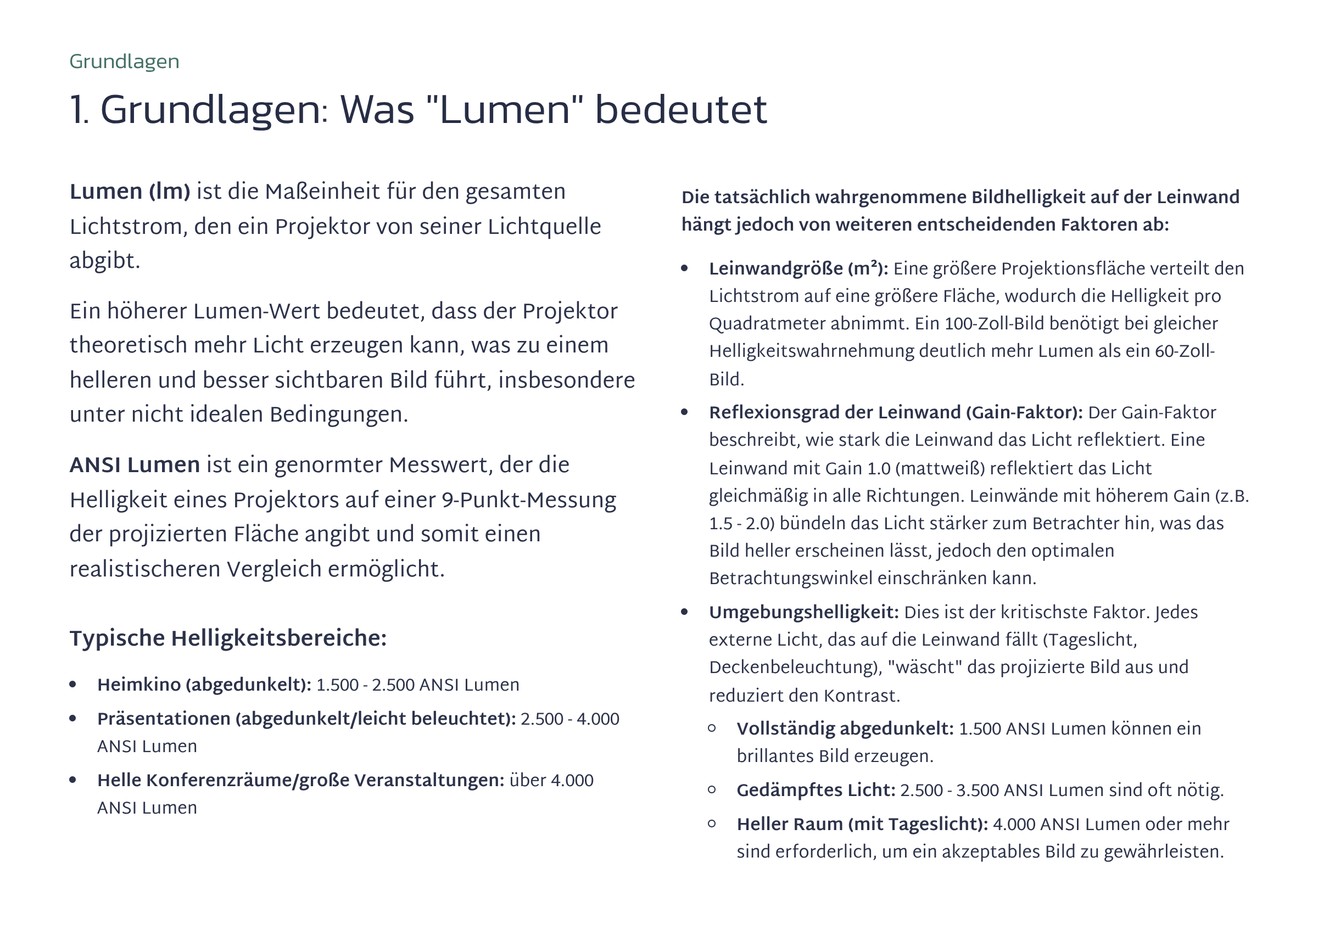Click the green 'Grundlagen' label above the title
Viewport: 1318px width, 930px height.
pyautogui.click(x=124, y=61)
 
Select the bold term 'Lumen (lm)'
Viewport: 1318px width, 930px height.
pyautogui.click(x=130, y=192)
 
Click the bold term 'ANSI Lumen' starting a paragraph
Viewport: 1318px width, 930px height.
pyautogui.click(x=135, y=464)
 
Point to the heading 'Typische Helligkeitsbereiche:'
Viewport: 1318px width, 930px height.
pyautogui.click(x=228, y=638)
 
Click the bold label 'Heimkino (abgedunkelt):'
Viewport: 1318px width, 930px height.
pyautogui.click(x=204, y=685)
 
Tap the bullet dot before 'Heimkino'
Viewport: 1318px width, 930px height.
pyautogui.click(x=73, y=684)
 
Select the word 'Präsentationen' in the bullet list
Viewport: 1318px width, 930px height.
pyautogui.click(x=164, y=718)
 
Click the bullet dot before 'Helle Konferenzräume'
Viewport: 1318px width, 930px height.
pyautogui.click(x=73, y=780)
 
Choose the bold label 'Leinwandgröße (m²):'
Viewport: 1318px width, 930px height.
pyautogui.click(x=798, y=268)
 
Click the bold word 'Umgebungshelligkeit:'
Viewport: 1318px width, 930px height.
pyautogui.click(x=803, y=612)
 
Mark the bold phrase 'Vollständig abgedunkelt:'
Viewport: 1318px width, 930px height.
pyautogui.click(x=845, y=729)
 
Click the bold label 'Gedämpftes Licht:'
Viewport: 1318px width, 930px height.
pyautogui.click(x=816, y=790)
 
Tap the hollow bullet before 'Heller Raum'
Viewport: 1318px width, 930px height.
pyautogui.click(x=712, y=823)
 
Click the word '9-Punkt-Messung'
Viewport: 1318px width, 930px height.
pyautogui.click(x=528, y=500)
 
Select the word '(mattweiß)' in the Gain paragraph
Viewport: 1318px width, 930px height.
pyautogui.click(x=940, y=468)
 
